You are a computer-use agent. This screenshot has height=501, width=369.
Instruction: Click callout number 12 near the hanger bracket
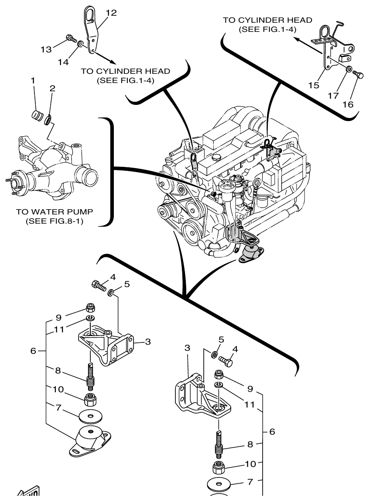click(x=111, y=13)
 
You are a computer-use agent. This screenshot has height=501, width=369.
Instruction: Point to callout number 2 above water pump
click(x=52, y=88)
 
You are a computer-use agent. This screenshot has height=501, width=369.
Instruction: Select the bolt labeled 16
click(x=359, y=75)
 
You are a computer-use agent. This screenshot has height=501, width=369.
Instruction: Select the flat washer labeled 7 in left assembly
click(x=90, y=416)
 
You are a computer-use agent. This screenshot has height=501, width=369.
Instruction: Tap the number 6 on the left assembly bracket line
click(x=34, y=351)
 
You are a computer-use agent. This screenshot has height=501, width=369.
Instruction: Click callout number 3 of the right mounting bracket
click(x=187, y=348)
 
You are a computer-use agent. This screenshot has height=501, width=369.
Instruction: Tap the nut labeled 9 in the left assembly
click(x=90, y=306)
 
